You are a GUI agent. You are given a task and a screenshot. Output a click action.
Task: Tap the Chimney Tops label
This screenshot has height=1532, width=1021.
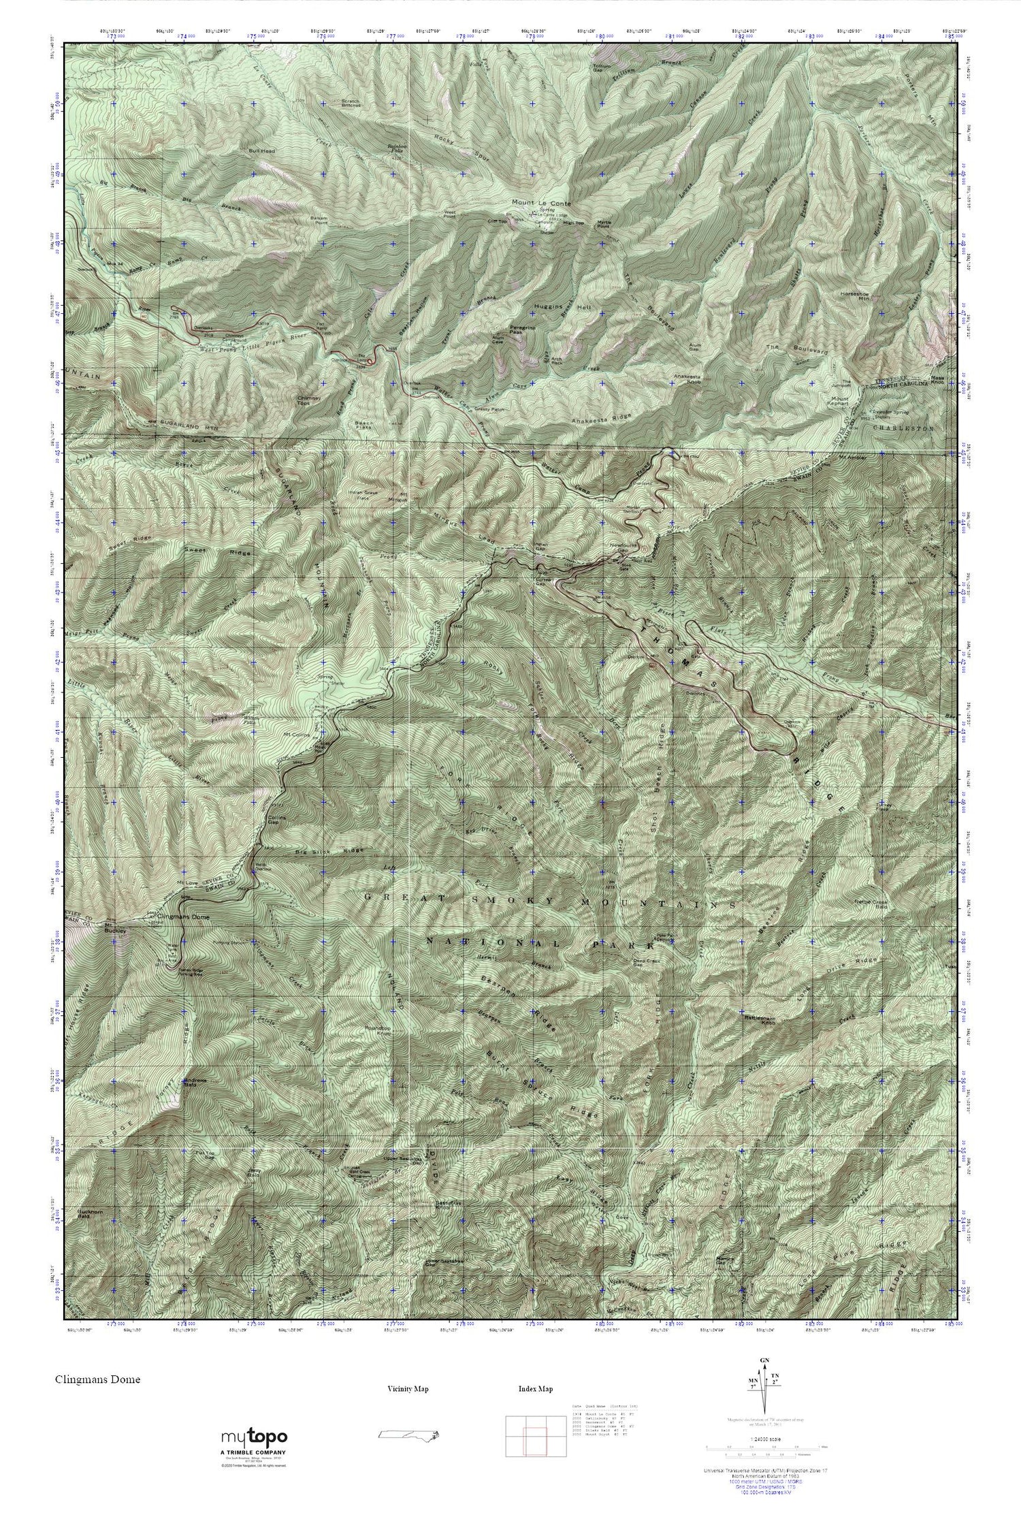pyautogui.click(x=308, y=401)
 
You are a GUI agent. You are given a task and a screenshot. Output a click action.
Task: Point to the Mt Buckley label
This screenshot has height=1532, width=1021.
pyautogui.click(x=113, y=929)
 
